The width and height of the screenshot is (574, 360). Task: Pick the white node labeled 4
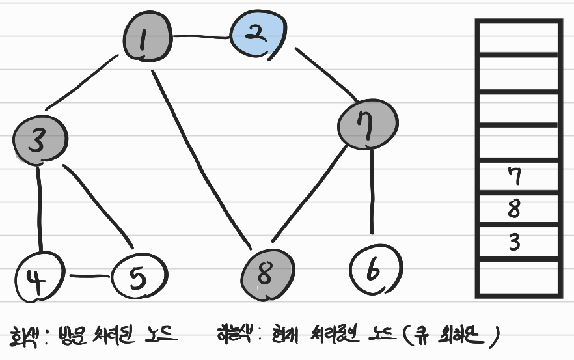pyautogui.click(x=39, y=277)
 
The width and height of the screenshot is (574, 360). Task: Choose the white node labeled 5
pyautogui.click(x=139, y=277)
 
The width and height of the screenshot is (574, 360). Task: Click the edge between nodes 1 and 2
pyautogui.click(x=200, y=36)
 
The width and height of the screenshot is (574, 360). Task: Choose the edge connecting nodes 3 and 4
pyautogui.click(x=40, y=208)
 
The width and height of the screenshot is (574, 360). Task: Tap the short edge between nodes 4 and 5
pyautogui.click(x=89, y=276)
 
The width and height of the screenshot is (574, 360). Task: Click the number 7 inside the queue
pyautogui.click(x=514, y=175)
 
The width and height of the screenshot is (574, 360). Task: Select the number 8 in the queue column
pyautogui.click(x=513, y=210)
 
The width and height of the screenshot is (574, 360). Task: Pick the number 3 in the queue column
pyautogui.click(x=514, y=242)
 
